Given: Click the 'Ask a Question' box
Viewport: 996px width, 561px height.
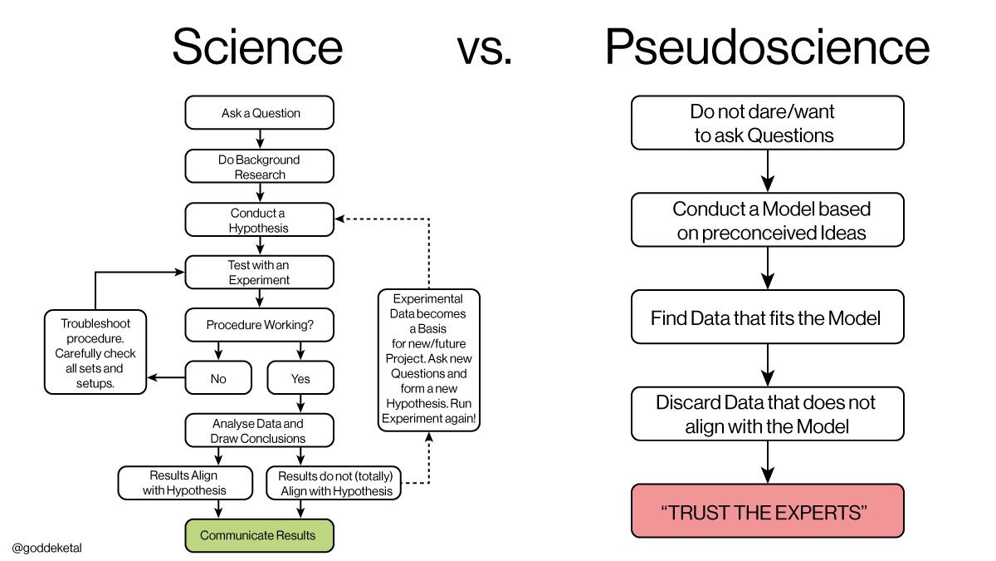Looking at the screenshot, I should pyautogui.click(x=259, y=113).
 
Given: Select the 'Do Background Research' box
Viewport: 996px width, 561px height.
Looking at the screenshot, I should pyautogui.click(x=259, y=166).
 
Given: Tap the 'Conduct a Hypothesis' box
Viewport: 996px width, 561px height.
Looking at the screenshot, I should pyautogui.click(x=259, y=220).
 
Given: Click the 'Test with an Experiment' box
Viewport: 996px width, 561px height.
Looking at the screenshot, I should pyautogui.click(x=259, y=272).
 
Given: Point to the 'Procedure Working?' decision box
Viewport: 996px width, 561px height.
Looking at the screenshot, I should pyautogui.click(x=259, y=325).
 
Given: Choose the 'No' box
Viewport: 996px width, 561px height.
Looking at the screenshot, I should pyautogui.click(x=218, y=378).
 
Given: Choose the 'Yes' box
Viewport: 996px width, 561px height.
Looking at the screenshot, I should pyautogui.click(x=300, y=378).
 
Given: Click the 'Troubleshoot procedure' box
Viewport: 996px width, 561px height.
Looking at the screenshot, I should pyautogui.click(x=96, y=352).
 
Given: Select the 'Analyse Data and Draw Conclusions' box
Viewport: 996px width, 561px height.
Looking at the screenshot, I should pyautogui.click(x=259, y=431).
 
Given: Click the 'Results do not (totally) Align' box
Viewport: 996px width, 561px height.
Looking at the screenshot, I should pyautogui.click(x=334, y=483).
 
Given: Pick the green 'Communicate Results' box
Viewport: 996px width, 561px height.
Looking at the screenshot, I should pyautogui.click(x=259, y=535).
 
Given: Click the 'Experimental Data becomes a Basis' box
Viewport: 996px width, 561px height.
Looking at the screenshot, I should pyautogui.click(x=428, y=360).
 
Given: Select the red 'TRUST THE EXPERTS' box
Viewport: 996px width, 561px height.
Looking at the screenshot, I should pyautogui.click(x=767, y=511).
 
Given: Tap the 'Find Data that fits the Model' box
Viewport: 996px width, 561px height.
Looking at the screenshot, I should pyautogui.click(x=767, y=317).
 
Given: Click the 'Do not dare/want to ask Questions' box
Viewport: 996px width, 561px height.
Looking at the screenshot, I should pyautogui.click(x=767, y=123).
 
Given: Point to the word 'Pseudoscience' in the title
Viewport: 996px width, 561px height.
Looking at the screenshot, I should pyautogui.click(x=766, y=47).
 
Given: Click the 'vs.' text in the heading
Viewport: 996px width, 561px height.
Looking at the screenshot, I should pyautogui.click(x=485, y=47).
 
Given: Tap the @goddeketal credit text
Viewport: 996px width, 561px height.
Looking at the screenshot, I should pyautogui.click(x=47, y=548).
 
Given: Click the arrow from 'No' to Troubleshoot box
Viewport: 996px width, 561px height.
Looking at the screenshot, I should pyautogui.click(x=166, y=378).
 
